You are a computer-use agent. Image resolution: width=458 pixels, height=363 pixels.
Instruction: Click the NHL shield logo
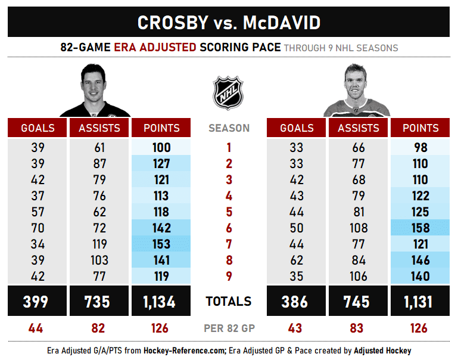point(229,92)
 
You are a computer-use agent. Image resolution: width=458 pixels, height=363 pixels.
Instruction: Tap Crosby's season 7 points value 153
point(161,244)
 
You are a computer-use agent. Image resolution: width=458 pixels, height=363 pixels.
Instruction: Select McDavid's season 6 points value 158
point(420,228)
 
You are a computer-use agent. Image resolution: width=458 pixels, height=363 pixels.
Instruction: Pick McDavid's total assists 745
point(358,302)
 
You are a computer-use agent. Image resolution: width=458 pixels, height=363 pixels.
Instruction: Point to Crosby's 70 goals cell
point(38,228)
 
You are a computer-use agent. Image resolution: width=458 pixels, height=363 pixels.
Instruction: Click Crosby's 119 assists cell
point(99,244)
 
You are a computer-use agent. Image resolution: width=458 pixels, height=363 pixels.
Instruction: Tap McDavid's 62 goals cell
point(297,260)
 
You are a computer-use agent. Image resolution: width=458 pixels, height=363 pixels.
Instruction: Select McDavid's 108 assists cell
point(358,228)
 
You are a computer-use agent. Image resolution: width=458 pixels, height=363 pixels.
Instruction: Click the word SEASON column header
point(229,128)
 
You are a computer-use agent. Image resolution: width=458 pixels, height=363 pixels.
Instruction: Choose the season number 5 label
point(229,212)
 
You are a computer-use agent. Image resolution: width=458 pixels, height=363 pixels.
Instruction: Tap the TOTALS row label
point(229,302)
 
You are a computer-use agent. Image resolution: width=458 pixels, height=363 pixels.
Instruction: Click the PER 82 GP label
point(229,328)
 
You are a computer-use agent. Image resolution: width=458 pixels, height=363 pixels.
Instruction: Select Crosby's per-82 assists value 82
point(99,328)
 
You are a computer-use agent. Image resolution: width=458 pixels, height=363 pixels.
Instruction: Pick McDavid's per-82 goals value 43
point(297,328)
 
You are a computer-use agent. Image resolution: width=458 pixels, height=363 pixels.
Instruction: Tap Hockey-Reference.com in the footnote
point(177,350)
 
